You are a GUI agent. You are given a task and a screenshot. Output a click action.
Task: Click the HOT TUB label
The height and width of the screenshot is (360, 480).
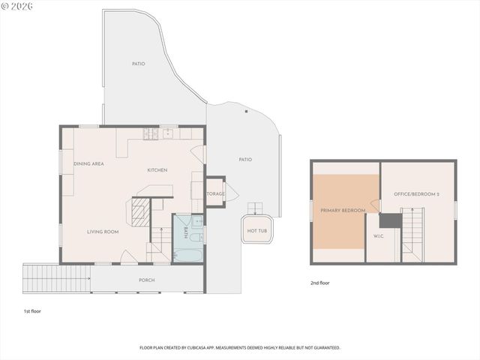pos(256,231)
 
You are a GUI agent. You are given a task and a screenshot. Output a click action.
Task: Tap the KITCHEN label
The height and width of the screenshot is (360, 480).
pos(157,170)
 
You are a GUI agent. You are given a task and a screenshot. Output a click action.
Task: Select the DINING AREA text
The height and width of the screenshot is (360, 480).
pos(88,163)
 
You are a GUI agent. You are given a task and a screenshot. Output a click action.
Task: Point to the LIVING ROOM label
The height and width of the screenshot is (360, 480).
pos(103,232)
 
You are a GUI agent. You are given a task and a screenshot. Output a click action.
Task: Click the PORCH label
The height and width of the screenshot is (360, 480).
pos(147,280)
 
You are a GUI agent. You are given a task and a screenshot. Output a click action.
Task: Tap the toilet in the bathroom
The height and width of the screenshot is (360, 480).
pos(197,222)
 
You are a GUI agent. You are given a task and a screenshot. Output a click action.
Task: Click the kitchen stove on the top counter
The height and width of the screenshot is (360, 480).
pos(151,134)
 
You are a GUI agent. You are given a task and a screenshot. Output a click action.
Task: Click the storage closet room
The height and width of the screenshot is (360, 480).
pos(215,193)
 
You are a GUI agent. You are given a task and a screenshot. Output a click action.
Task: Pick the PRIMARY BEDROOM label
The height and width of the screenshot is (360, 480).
pos(343,211)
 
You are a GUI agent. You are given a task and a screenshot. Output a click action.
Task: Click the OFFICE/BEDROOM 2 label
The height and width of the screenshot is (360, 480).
pos(417,194)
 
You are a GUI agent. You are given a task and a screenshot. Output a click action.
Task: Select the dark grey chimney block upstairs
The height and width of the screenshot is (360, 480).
pos(389,220)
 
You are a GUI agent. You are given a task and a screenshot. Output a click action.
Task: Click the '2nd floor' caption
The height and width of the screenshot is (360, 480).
pos(319,283)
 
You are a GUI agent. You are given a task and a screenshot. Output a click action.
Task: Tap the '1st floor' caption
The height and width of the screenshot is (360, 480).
pos(33,310)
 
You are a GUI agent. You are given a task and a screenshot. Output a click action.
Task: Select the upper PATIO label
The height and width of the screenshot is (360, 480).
pos(138,64)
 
